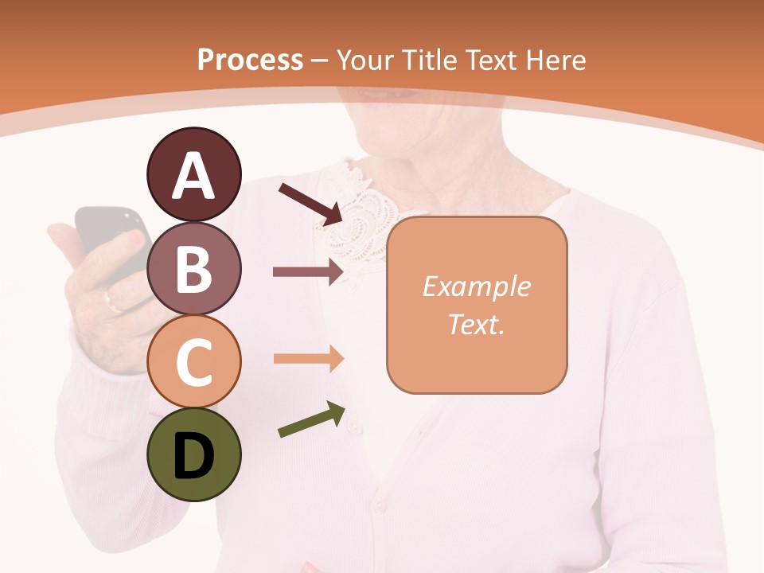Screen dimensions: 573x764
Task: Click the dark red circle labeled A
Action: [193, 175]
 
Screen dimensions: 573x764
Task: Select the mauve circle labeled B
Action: [193, 268]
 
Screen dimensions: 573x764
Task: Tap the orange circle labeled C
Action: [193, 361]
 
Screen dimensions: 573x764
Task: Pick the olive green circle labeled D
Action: [193, 454]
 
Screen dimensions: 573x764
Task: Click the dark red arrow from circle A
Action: [310, 204]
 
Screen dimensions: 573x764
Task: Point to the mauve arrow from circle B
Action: [307, 271]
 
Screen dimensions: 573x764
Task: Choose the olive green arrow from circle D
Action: [311, 420]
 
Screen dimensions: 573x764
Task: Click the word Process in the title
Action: [250, 60]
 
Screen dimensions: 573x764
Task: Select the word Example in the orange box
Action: [476, 286]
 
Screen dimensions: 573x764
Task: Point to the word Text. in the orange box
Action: [476, 324]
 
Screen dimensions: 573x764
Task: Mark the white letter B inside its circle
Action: [193, 269]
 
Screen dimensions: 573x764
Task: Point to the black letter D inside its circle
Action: [193, 455]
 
